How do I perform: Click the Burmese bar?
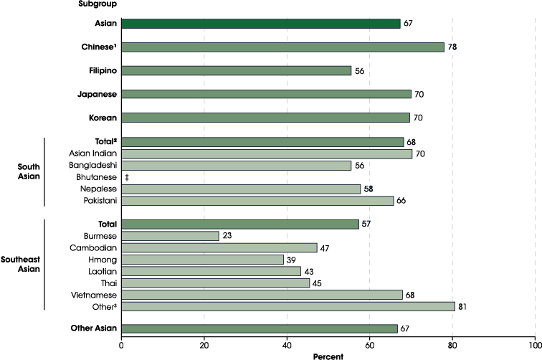coord(170,236)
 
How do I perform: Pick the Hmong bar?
coord(203,259)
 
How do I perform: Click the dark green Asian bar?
coord(260,24)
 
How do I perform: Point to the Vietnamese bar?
coord(262,295)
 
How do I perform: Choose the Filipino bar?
coord(237,70)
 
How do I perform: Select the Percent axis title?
coord(328,355)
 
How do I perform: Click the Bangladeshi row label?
coord(93,166)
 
